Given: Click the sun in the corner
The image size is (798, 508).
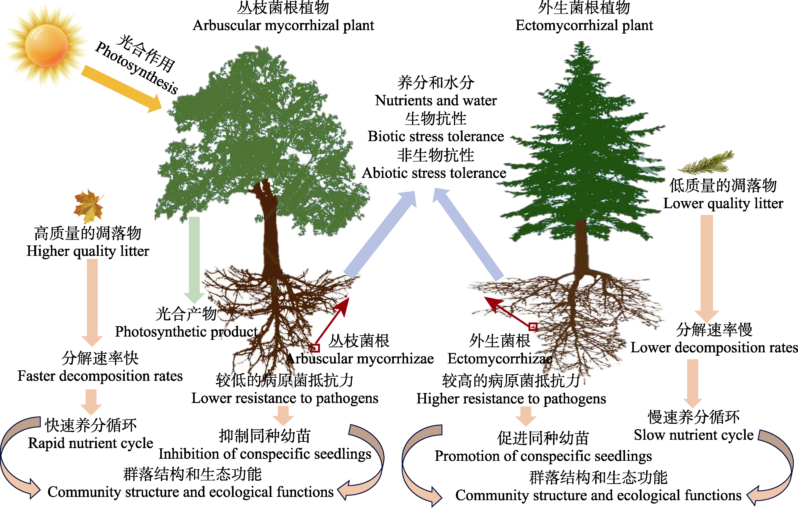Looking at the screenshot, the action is click(46, 46).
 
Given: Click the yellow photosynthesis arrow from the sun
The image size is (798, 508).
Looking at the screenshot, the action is click(122, 89).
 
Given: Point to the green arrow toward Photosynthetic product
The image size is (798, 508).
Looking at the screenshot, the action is click(194, 260).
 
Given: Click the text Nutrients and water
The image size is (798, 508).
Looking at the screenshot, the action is click(436, 100).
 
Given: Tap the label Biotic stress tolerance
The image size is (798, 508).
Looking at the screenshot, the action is click(436, 136).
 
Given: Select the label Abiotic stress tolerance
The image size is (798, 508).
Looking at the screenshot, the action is click(434, 173).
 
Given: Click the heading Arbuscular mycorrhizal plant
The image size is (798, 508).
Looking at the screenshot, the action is click(283, 25).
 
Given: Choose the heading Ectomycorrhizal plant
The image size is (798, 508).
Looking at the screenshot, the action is click(584, 25).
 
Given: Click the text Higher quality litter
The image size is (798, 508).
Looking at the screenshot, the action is click(88, 251).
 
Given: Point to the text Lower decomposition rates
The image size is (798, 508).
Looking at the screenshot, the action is click(714, 348).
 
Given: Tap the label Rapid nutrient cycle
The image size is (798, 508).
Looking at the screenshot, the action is click(91, 443).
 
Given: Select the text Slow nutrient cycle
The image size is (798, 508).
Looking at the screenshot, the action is click(694, 435).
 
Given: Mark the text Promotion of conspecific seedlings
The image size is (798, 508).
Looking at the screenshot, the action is click(543, 456).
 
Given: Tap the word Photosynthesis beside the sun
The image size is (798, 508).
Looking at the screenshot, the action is click(137, 68).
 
